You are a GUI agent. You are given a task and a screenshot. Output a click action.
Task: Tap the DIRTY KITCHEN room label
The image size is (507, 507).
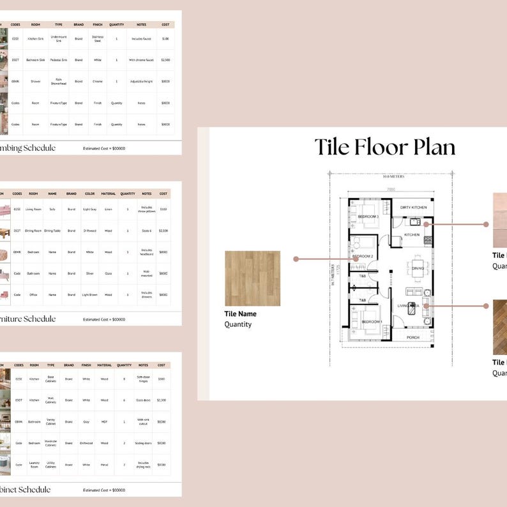tap(409, 208)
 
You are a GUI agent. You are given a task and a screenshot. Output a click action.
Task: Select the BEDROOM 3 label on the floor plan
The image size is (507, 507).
tap(368, 217)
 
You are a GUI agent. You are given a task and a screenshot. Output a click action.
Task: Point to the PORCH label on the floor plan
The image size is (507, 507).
tap(412, 338)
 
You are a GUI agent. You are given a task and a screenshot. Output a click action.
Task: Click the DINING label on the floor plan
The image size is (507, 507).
tap(418, 268)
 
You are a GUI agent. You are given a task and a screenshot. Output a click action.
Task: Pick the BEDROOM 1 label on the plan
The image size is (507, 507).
tap(372, 322)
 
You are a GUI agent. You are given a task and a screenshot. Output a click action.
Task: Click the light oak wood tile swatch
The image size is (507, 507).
tap(252, 278)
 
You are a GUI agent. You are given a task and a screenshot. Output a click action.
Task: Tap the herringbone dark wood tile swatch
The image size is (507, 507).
tap(500, 327)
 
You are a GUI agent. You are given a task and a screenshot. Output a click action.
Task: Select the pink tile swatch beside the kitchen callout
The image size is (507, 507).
tap(500, 220)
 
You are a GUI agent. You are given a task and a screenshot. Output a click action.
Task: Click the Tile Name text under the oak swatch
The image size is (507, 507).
tap(240, 314)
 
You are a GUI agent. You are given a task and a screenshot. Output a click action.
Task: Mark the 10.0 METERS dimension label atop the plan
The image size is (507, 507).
tap(392, 177)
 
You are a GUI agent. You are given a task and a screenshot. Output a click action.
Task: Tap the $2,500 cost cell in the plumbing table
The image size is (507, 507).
tap(165, 60)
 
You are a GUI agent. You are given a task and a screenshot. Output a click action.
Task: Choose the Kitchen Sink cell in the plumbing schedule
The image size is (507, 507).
tap(36, 38)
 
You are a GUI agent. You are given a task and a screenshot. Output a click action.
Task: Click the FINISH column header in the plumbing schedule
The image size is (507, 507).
tap(98, 25)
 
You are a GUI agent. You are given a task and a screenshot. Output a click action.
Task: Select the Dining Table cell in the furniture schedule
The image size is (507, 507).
tap(52, 231)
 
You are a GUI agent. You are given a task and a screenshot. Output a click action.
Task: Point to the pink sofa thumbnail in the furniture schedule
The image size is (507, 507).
tap(4, 209)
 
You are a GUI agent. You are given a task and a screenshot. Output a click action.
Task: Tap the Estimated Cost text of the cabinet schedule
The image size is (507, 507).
tap(104, 490)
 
